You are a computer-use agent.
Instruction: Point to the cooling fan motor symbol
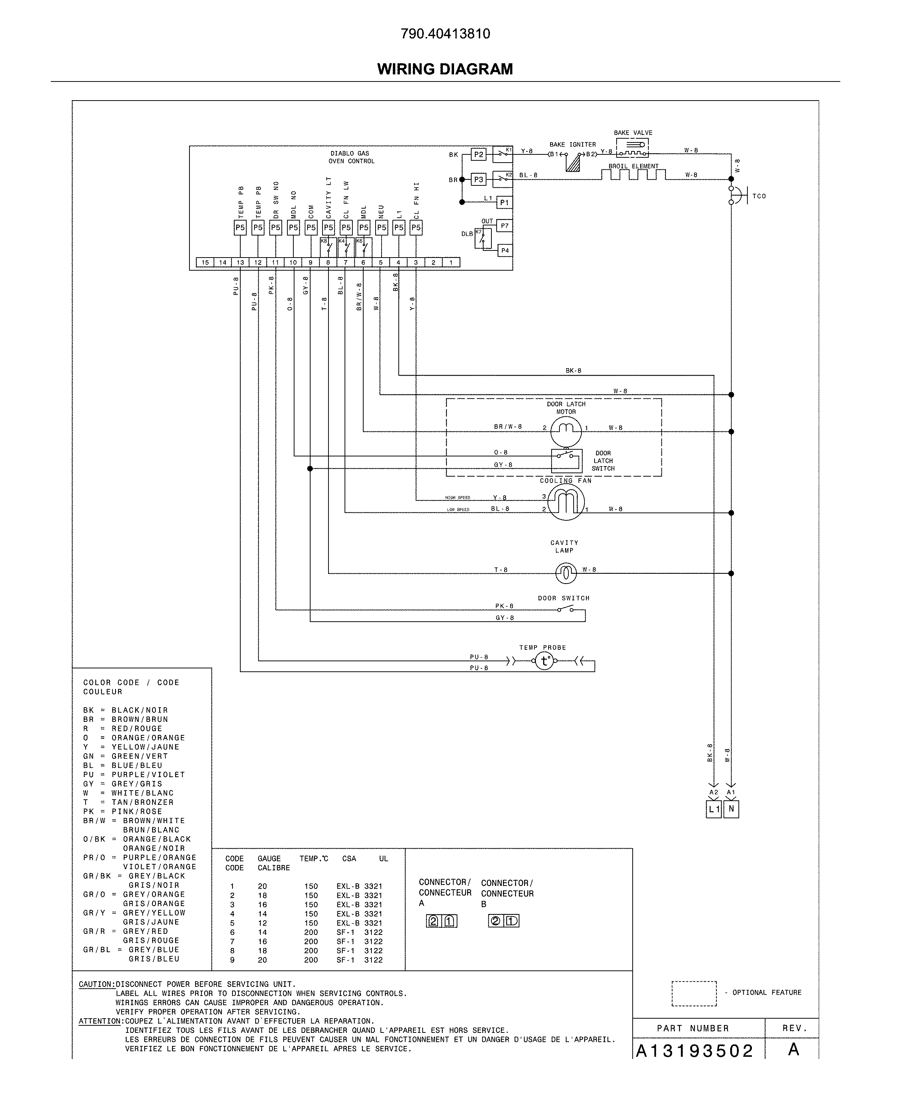[x=566, y=502]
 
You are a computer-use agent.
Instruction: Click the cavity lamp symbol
[x=565, y=573]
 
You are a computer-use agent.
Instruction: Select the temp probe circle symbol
[x=544, y=661]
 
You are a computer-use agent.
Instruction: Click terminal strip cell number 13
[x=240, y=262]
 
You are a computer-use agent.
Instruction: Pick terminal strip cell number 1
[x=451, y=262]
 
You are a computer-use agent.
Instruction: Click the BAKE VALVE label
[x=633, y=133]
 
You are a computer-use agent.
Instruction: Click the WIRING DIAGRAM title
[x=445, y=69]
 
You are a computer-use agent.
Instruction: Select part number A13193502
[x=694, y=1051]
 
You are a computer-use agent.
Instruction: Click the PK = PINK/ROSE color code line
[x=123, y=811]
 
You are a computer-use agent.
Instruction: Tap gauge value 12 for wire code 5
[x=262, y=923]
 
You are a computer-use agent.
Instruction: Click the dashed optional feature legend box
[x=694, y=993]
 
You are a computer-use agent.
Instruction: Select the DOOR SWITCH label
[x=563, y=598]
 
